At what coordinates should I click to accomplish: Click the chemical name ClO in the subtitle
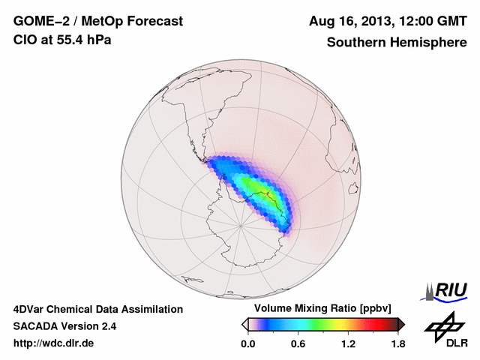point(24,40)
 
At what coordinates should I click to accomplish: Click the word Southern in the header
point(355,42)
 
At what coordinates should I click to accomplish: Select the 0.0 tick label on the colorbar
point(248,343)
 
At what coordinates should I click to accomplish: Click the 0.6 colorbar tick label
point(298,343)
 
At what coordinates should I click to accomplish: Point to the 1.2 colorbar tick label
point(348,343)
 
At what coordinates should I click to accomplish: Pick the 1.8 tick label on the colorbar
point(397,343)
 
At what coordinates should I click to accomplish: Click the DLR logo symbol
point(443,325)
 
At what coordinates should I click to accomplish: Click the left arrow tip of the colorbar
point(244,324)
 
